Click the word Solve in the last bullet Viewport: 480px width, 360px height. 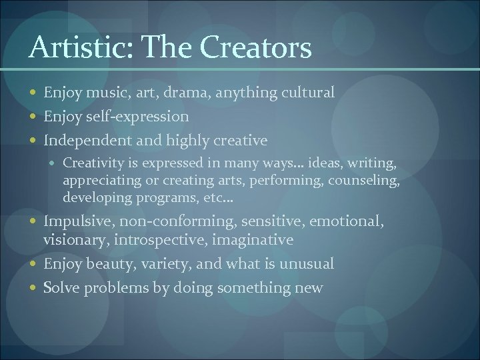(x=61, y=288)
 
